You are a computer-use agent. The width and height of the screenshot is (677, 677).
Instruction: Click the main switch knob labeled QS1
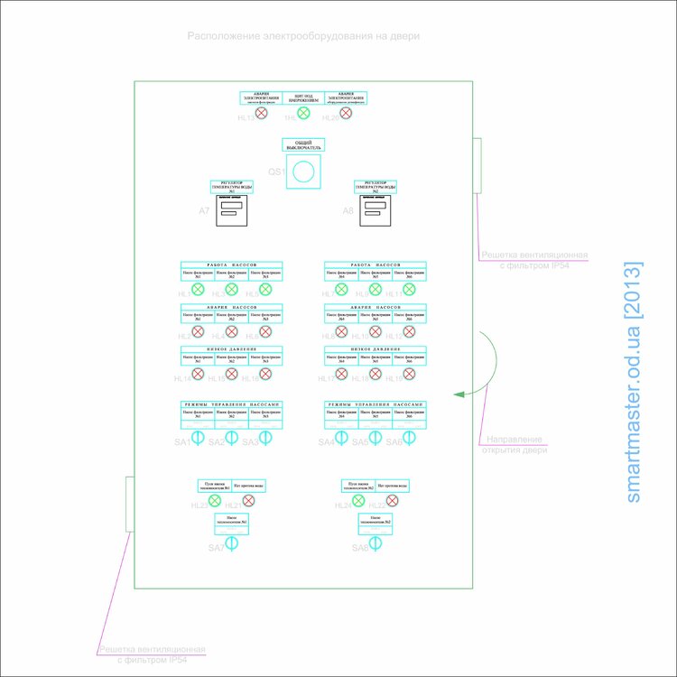point(303,171)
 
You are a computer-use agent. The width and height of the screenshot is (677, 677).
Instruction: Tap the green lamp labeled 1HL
point(303,113)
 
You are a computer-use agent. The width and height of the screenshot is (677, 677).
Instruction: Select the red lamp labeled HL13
point(262,113)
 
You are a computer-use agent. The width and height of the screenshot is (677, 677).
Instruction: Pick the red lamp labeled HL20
point(346,113)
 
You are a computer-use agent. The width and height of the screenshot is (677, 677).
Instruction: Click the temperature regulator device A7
point(232,209)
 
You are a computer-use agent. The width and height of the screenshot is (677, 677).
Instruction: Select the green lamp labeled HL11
point(409,290)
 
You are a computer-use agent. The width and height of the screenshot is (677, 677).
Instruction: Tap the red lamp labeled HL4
point(198,331)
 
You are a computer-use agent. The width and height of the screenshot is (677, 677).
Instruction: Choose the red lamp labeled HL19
point(409,374)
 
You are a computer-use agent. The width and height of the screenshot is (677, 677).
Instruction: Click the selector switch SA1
point(198,438)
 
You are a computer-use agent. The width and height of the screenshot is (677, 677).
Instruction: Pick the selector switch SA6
point(409,438)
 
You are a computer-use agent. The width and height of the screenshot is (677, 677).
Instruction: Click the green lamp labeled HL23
point(215,500)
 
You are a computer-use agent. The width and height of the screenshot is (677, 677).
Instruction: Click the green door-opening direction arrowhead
point(458,394)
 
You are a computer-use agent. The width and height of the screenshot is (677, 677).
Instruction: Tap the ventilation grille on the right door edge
point(479,165)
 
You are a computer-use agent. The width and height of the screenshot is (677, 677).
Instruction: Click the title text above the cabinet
point(303,36)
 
